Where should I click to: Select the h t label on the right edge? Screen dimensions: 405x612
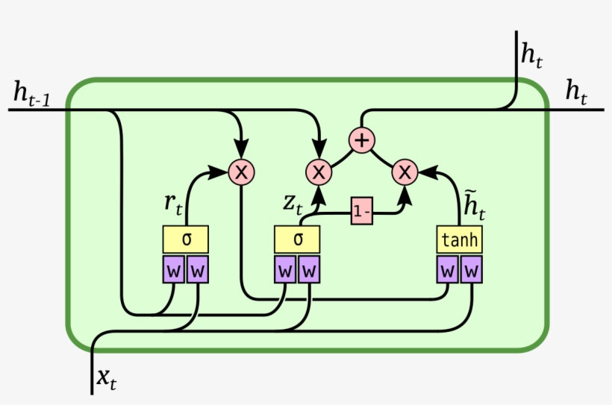575,92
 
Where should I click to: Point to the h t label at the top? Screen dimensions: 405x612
533,53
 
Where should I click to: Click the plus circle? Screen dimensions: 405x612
362,139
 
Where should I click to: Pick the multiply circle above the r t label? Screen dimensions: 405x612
241,172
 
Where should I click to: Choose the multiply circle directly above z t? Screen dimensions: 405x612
319,172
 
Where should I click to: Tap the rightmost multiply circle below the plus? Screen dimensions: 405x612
405,172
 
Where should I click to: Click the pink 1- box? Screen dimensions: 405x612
362,212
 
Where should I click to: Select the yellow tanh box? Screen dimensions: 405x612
459,239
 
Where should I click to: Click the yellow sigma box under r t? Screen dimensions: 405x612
185,239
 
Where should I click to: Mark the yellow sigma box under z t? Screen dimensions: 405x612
297,239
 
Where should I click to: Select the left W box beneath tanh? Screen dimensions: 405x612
448,269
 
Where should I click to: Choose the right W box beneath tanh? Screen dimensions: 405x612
472,269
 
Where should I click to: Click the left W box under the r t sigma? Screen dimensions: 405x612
174,269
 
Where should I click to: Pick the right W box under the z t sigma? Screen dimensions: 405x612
309,269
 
